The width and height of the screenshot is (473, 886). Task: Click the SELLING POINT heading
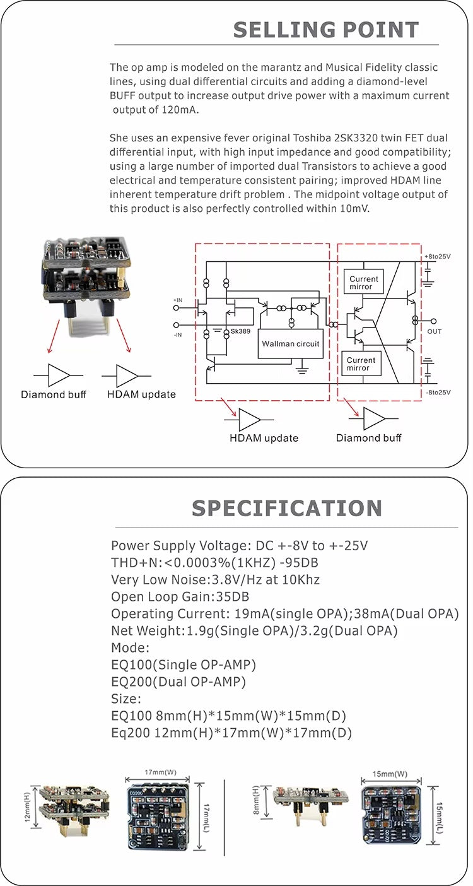tap(326, 30)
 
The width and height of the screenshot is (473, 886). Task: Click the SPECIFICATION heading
tap(287, 508)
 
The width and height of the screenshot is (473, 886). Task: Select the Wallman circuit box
tap(291, 344)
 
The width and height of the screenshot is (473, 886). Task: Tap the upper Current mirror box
tap(364, 283)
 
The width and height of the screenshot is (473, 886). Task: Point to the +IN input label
tap(178, 300)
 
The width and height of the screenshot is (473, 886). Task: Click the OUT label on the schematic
tap(435, 331)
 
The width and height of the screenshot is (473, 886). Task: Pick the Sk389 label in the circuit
tap(240, 331)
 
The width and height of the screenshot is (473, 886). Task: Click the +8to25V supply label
tap(438, 256)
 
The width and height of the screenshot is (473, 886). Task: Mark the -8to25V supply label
tap(438, 392)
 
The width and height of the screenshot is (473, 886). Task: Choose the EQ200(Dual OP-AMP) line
tap(178, 682)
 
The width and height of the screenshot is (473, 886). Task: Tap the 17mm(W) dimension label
tap(160, 772)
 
